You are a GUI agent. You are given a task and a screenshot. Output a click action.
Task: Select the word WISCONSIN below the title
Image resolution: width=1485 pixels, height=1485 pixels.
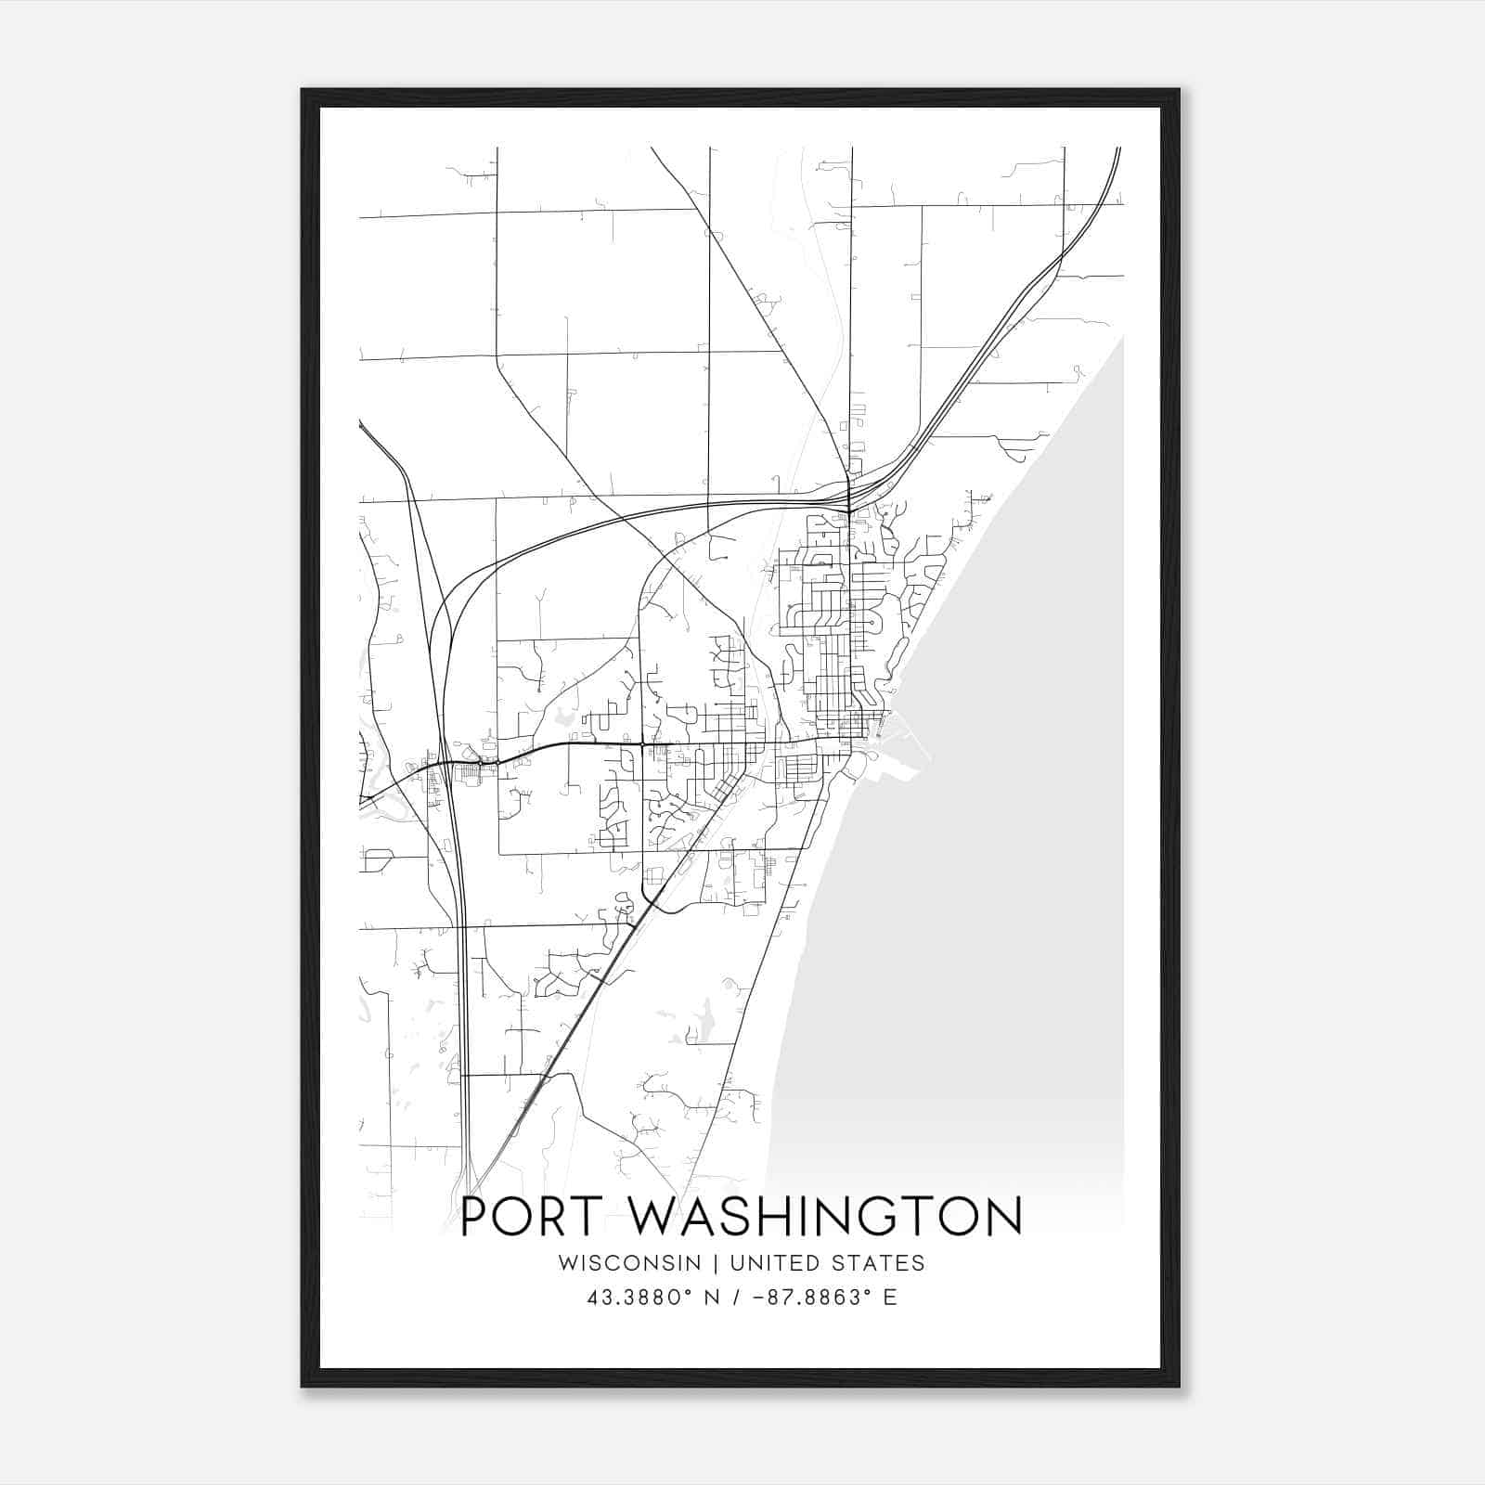629,1263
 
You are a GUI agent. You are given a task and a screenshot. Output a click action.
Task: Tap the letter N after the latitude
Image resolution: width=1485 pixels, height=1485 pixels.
714,1298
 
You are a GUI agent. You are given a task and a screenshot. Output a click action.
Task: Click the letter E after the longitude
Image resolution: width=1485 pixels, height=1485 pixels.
890,1298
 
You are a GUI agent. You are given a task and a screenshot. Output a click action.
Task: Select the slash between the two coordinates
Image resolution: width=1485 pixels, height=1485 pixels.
738,1298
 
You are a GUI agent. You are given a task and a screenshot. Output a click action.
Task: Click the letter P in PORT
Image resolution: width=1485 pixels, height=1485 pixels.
477,1216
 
